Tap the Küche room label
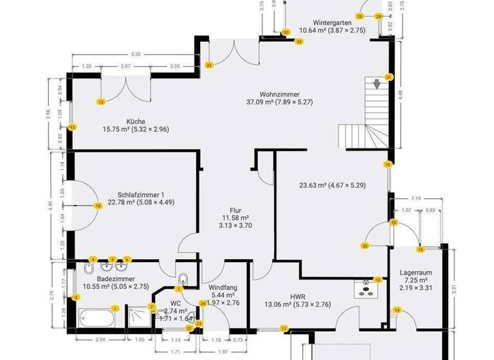click(x=136, y=122)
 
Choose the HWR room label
click(x=297, y=296)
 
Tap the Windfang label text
click(x=223, y=287)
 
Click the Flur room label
click(x=236, y=210)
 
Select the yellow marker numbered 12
click(x=101, y=102)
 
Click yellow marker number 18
click(x=98, y=206)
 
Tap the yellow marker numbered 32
click(x=209, y=65)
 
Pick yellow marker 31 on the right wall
click(x=389, y=77)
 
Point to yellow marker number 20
click(x=365, y=246)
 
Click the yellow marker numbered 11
click(x=284, y=328)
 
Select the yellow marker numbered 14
click(x=397, y=310)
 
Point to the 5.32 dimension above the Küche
click(x=135, y=54)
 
